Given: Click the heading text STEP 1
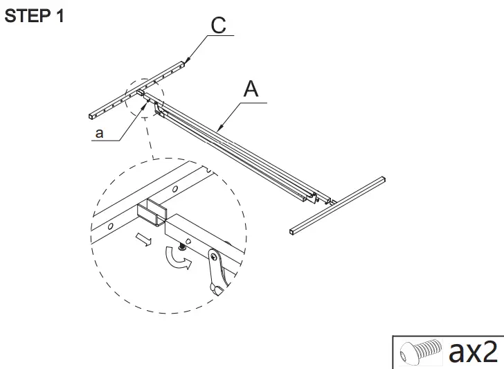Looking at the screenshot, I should (x=35, y=16).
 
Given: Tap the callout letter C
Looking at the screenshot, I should (x=218, y=26).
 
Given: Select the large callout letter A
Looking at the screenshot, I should (x=251, y=89).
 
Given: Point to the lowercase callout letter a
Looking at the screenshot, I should (x=99, y=134).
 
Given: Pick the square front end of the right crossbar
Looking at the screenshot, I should (x=293, y=230).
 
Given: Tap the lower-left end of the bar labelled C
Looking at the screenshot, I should (x=92, y=114).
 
